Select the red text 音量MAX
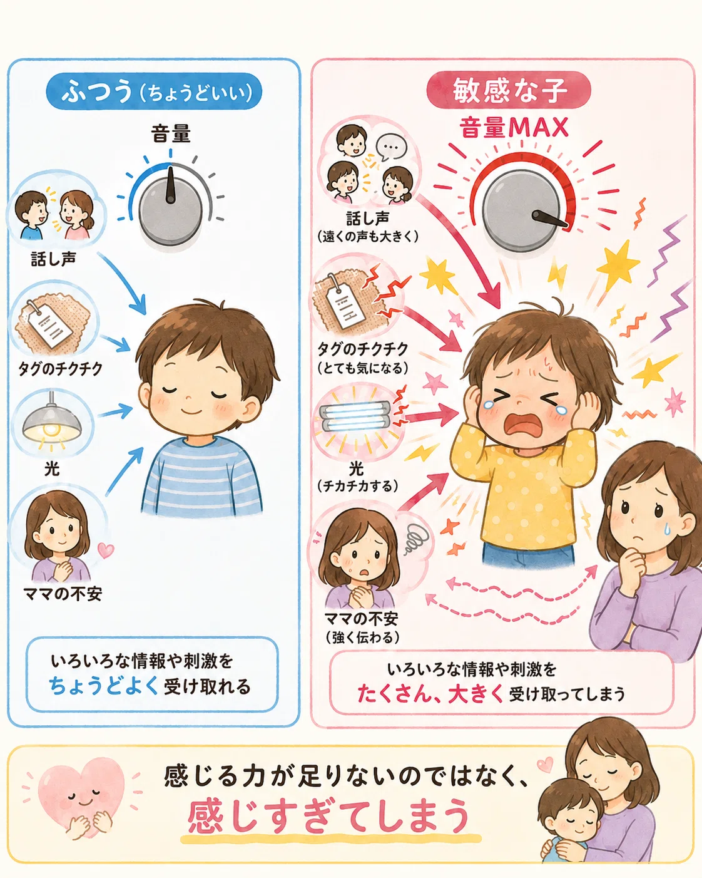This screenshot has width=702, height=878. (x=514, y=127)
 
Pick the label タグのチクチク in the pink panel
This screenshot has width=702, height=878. (x=363, y=349)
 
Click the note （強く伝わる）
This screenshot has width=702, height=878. (x=362, y=638)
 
